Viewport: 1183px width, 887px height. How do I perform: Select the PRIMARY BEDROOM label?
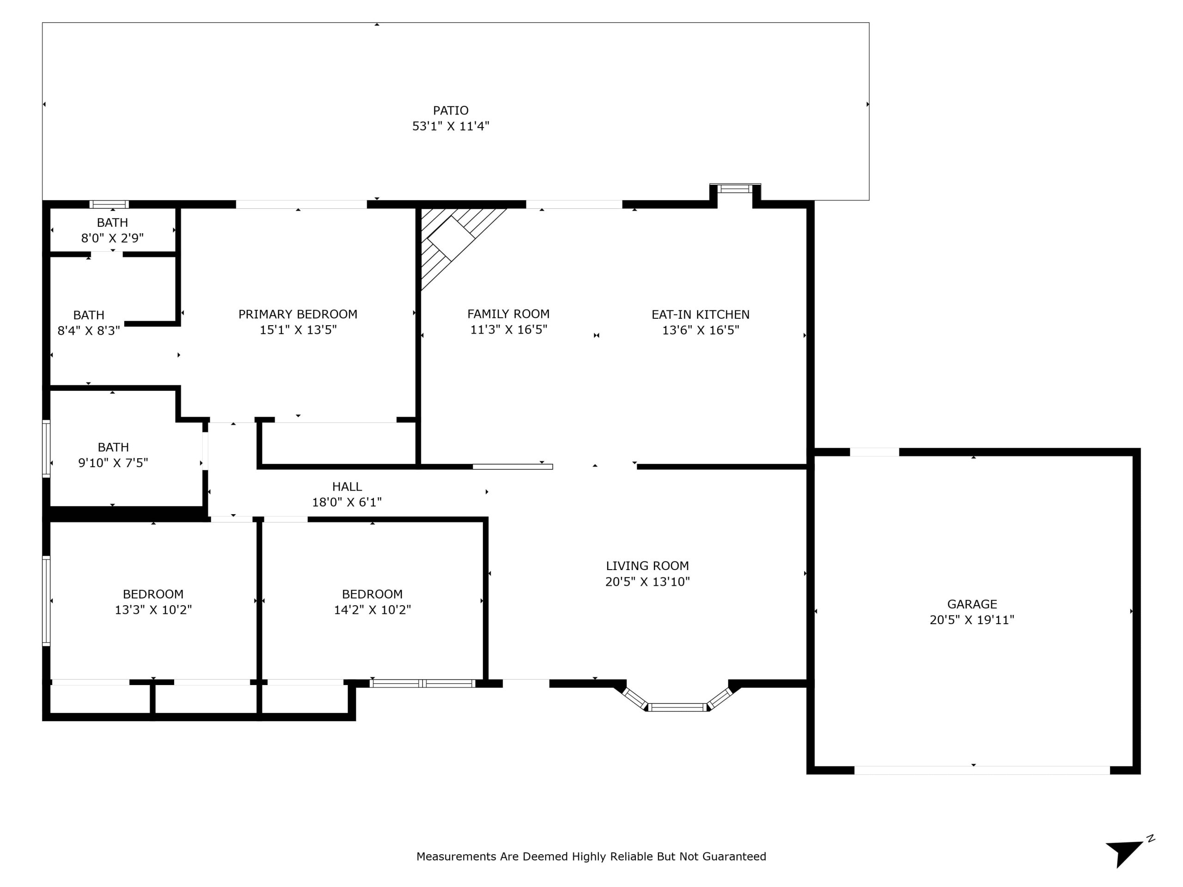click(298, 315)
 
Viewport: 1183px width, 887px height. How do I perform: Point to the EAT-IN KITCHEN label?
click(700, 315)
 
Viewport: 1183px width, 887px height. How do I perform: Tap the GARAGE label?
click(972, 604)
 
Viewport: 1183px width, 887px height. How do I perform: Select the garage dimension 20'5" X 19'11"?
click(972, 620)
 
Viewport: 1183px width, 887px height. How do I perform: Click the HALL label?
click(347, 486)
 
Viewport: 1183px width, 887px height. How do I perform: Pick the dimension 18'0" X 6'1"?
click(347, 502)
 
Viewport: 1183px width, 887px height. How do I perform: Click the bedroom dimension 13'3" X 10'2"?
click(153, 609)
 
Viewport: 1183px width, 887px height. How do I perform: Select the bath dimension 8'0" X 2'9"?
click(112, 238)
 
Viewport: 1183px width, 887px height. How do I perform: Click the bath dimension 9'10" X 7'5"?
click(113, 462)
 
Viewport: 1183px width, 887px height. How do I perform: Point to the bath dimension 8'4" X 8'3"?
click(88, 330)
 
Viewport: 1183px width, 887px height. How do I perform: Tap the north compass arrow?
click(1124, 853)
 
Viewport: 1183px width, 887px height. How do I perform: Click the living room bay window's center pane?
click(677, 707)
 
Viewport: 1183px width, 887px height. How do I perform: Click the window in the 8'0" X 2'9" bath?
click(109, 204)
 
